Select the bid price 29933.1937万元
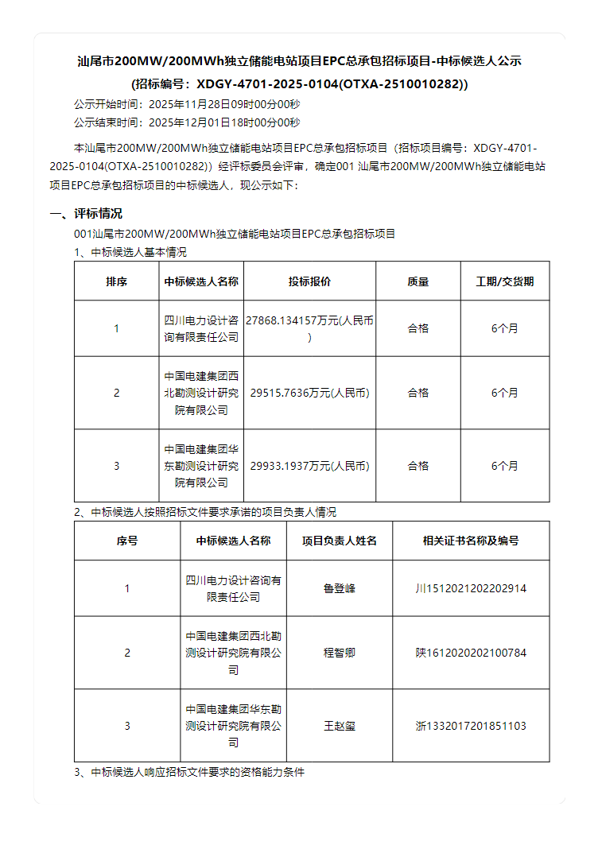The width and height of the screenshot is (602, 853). point(309,466)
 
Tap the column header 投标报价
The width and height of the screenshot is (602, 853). point(309,281)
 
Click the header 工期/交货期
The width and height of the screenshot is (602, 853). point(504,281)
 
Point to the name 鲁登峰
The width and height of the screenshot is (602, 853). point(339,589)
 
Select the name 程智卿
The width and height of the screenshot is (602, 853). point(339,653)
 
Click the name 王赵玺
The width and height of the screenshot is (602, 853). point(339,726)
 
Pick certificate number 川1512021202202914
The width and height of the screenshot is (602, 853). point(471,589)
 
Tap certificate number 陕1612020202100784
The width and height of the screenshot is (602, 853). point(471,653)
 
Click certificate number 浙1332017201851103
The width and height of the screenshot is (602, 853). point(471,726)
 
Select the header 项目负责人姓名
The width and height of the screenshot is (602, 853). point(339,541)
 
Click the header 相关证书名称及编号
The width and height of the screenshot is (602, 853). point(471,541)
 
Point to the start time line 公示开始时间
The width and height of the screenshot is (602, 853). point(187,104)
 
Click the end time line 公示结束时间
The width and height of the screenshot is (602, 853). point(187,122)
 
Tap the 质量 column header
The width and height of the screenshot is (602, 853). point(418,281)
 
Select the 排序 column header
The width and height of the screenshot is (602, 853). point(117,281)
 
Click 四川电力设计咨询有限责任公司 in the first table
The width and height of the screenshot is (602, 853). point(201,328)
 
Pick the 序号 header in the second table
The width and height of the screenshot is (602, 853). point(127,541)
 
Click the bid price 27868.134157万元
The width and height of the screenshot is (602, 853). point(309,321)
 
